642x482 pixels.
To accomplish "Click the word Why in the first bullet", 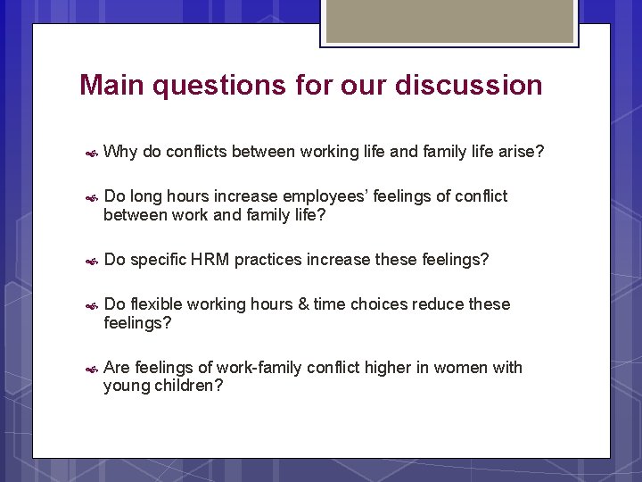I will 120,152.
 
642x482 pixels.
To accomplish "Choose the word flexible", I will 157,304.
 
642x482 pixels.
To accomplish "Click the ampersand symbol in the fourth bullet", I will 304,304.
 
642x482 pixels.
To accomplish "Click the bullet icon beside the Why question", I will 91,154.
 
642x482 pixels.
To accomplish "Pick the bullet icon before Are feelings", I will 91,369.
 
